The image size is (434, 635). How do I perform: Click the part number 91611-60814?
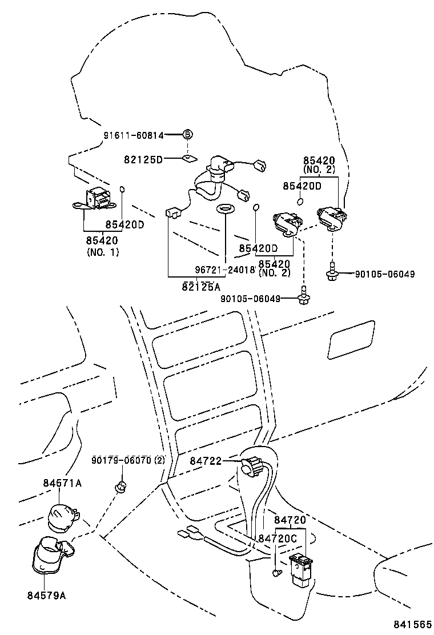click(134, 135)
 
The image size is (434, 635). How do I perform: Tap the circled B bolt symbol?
click(187, 135)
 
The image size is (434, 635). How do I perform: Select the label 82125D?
click(143, 159)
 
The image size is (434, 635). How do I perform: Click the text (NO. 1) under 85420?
click(103, 252)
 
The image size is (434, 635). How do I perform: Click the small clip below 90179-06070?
click(121, 487)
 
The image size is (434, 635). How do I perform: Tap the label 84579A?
click(46, 595)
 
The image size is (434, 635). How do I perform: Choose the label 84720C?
click(278, 538)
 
